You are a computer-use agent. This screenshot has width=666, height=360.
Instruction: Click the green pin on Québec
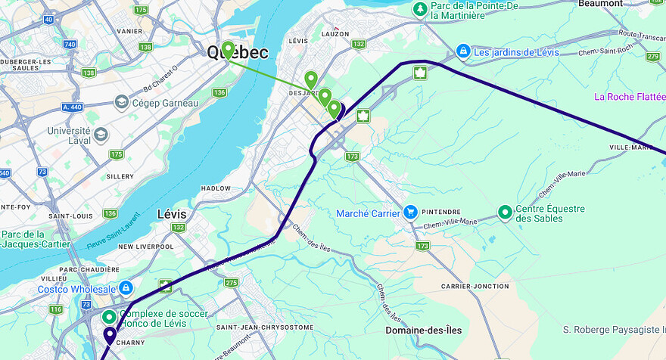click(x=228, y=51)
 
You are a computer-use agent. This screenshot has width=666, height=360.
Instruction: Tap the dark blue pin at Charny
click(x=110, y=335)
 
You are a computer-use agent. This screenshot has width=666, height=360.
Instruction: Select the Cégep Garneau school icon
click(x=121, y=102)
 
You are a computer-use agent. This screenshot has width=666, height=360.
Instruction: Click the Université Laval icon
click(x=101, y=135)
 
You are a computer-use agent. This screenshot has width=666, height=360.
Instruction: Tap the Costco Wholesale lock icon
click(x=126, y=288)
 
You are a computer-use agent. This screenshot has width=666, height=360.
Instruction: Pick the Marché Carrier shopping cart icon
click(x=411, y=213)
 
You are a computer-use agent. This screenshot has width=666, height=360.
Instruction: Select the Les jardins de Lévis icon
click(x=462, y=51)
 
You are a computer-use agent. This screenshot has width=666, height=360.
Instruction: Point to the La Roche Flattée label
click(x=630, y=97)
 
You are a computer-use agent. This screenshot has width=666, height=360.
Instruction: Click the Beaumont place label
click(x=600, y=4)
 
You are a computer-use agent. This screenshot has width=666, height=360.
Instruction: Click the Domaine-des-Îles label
click(x=423, y=331)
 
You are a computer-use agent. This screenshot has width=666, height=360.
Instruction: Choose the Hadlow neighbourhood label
click(x=216, y=188)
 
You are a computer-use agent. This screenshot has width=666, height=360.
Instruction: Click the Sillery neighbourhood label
click(x=120, y=175)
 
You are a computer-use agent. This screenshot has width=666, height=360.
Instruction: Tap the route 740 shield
click(x=70, y=45)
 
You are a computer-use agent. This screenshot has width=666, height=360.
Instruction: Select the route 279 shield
click(x=653, y=56)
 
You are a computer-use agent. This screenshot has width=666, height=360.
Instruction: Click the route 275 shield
click(x=231, y=282)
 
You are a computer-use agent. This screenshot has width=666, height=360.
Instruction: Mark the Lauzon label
click(x=335, y=34)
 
